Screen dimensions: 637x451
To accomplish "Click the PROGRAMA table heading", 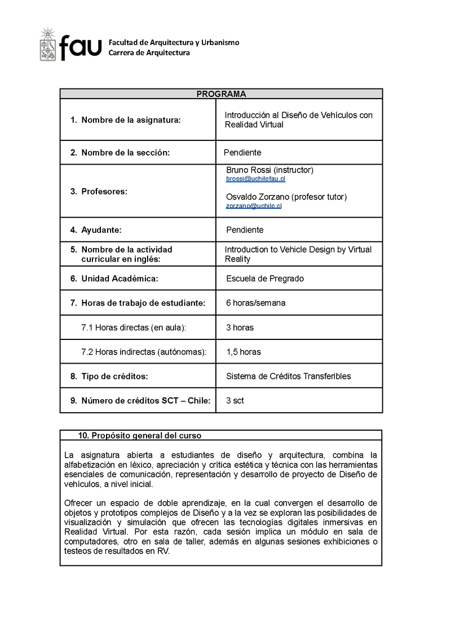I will point(221,94).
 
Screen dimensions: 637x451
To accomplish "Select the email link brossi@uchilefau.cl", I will point(255,179).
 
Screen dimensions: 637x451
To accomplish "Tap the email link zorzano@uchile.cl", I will point(254,206).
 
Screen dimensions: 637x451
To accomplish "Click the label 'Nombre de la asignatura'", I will point(131,120).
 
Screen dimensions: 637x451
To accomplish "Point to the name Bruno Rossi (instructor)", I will point(269,170).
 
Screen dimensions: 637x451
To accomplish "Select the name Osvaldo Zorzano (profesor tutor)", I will point(286,197).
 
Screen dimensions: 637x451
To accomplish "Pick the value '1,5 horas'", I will point(244,352).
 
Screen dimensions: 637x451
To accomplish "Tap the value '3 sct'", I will point(235,401).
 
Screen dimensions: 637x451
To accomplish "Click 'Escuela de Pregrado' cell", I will point(265,278).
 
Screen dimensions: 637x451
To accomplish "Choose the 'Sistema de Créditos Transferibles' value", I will point(288,376).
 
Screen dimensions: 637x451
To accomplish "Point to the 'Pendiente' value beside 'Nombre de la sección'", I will point(242,152).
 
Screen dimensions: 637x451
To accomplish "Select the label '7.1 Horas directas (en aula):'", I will point(134,328).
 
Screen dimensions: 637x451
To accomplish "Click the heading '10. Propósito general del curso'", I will point(140,435).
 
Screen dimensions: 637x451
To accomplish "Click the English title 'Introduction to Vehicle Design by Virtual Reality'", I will point(298,254).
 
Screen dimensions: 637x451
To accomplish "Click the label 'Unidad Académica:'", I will point(120,278).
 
